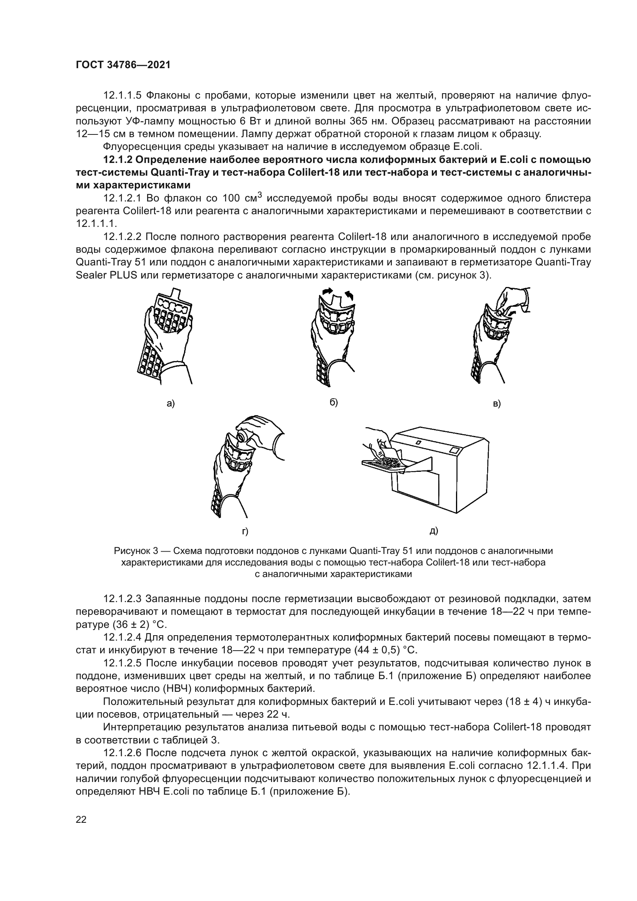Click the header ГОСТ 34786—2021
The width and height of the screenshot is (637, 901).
coord(123,65)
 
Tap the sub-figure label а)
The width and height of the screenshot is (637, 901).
coord(171,403)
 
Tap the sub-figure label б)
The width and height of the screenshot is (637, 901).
coord(334,402)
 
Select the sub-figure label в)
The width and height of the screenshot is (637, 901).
coord(497,403)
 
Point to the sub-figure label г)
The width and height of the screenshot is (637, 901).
coord(245,532)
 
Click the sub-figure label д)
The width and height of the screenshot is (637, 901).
coord(433,531)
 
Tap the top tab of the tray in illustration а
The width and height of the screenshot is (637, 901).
coord(176,292)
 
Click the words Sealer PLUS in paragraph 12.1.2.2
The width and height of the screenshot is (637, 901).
coord(106,275)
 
